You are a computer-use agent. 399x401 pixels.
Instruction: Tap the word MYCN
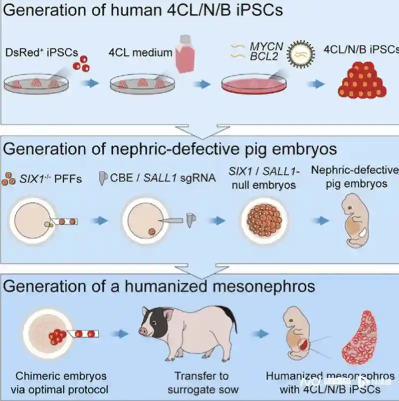pos(266,46)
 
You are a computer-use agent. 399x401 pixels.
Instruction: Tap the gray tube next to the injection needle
pos(190,220)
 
